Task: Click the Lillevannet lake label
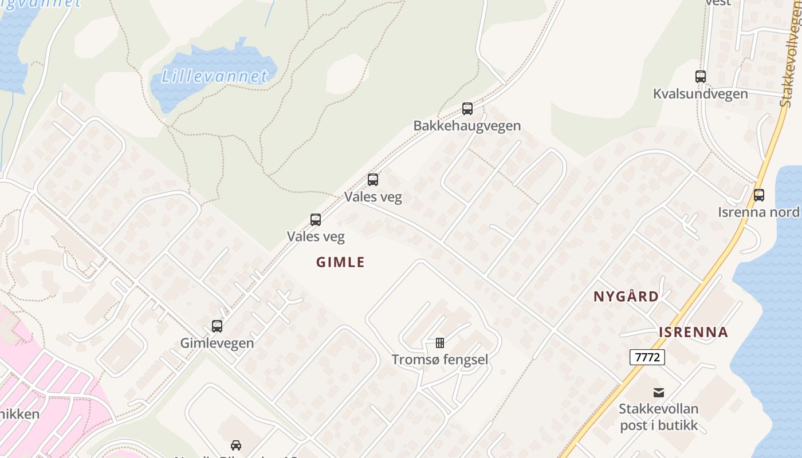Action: (x=214, y=76)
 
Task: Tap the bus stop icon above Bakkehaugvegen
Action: (x=467, y=109)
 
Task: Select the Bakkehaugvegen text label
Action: (x=467, y=125)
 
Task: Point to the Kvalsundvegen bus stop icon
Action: (x=701, y=77)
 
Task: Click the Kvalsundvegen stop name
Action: (x=700, y=94)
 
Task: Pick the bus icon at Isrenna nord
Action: (x=759, y=195)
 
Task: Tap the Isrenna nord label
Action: (x=758, y=212)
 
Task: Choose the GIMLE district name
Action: (x=340, y=262)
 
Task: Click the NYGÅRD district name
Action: (x=626, y=297)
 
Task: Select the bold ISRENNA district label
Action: (x=693, y=332)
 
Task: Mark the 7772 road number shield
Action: (x=647, y=357)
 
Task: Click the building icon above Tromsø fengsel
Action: (x=440, y=343)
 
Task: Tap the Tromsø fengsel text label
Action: (x=440, y=360)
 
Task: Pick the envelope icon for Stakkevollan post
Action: (x=659, y=393)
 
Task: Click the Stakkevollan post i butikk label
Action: (x=659, y=417)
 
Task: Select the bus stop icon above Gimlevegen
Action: (x=217, y=326)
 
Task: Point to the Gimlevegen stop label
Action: (x=217, y=343)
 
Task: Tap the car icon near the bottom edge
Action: (x=236, y=445)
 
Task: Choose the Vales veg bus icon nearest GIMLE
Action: (x=316, y=220)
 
